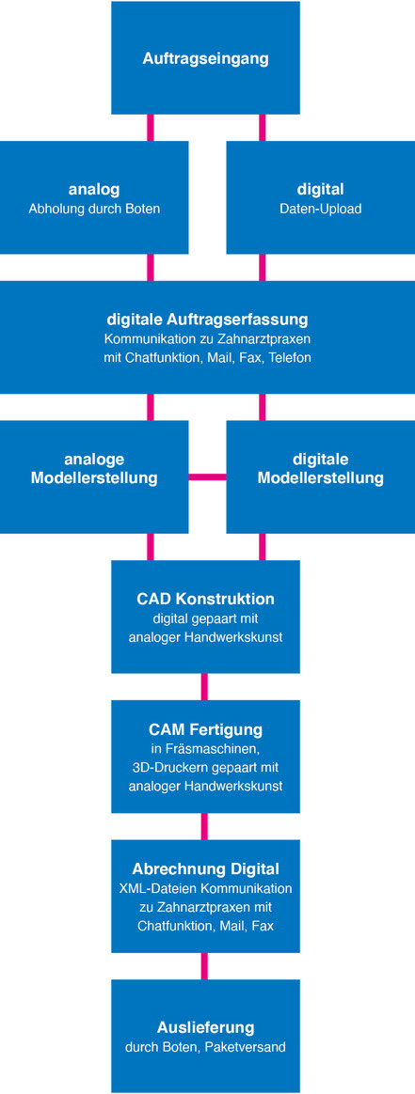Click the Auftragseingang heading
click(x=205, y=58)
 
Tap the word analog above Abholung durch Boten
click(x=94, y=189)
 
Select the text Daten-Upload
click(x=321, y=209)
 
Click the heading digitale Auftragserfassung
click(x=207, y=320)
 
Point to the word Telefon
click(x=287, y=358)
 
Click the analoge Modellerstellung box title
click(x=94, y=469)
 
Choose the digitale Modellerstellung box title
click(x=321, y=469)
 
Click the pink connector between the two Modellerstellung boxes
click(x=207, y=477)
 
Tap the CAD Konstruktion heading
click(x=205, y=600)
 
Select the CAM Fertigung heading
click(x=205, y=729)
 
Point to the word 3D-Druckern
click(x=166, y=768)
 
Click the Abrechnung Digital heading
click(x=205, y=869)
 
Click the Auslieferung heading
click(x=205, y=1027)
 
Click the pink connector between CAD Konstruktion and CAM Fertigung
click(x=204, y=686)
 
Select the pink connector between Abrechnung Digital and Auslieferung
click(x=204, y=966)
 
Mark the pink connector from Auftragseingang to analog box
click(x=151, y=128)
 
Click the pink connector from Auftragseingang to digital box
click(x=263, y=128)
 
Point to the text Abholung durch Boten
click(x=94, y=209)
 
